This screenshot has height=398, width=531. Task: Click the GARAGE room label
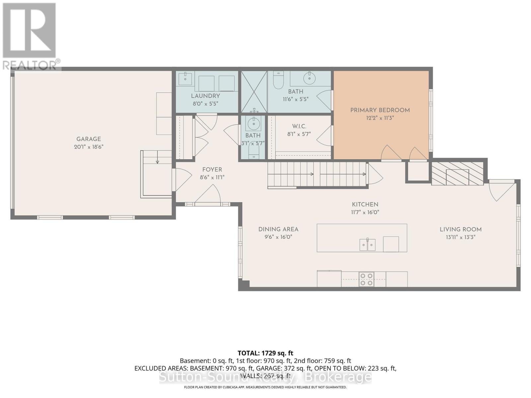88,139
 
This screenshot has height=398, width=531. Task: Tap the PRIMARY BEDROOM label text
380,110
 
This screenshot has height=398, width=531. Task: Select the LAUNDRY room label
205,96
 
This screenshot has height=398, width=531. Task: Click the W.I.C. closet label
299,126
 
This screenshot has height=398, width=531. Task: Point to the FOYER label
212,169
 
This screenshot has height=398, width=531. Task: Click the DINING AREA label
278,229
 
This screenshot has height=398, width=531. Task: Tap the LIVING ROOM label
460,229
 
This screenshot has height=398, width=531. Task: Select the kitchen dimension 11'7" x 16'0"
365,212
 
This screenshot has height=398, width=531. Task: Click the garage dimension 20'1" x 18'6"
89,147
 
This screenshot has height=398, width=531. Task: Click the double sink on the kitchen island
367,245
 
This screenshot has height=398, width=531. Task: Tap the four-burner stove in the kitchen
366,279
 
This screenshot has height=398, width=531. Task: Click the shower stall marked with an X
254,92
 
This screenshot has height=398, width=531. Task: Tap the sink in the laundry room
184,79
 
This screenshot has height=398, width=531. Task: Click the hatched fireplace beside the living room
457,174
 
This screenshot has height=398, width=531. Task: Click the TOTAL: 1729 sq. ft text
265,353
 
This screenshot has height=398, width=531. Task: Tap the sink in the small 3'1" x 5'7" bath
254,124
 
